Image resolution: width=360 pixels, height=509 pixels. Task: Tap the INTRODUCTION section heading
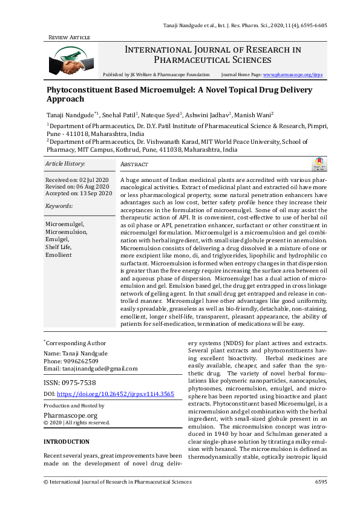67,442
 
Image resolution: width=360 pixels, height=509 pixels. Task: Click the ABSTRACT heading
135,164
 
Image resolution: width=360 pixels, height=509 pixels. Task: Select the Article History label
65,164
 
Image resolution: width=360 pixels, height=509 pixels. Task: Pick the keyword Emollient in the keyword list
59,255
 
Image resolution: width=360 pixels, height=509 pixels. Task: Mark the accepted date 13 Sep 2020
96,193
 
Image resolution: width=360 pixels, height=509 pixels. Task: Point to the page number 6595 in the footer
321,482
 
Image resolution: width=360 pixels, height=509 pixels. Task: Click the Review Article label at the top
69,37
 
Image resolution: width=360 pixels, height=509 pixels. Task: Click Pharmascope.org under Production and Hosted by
71,415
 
